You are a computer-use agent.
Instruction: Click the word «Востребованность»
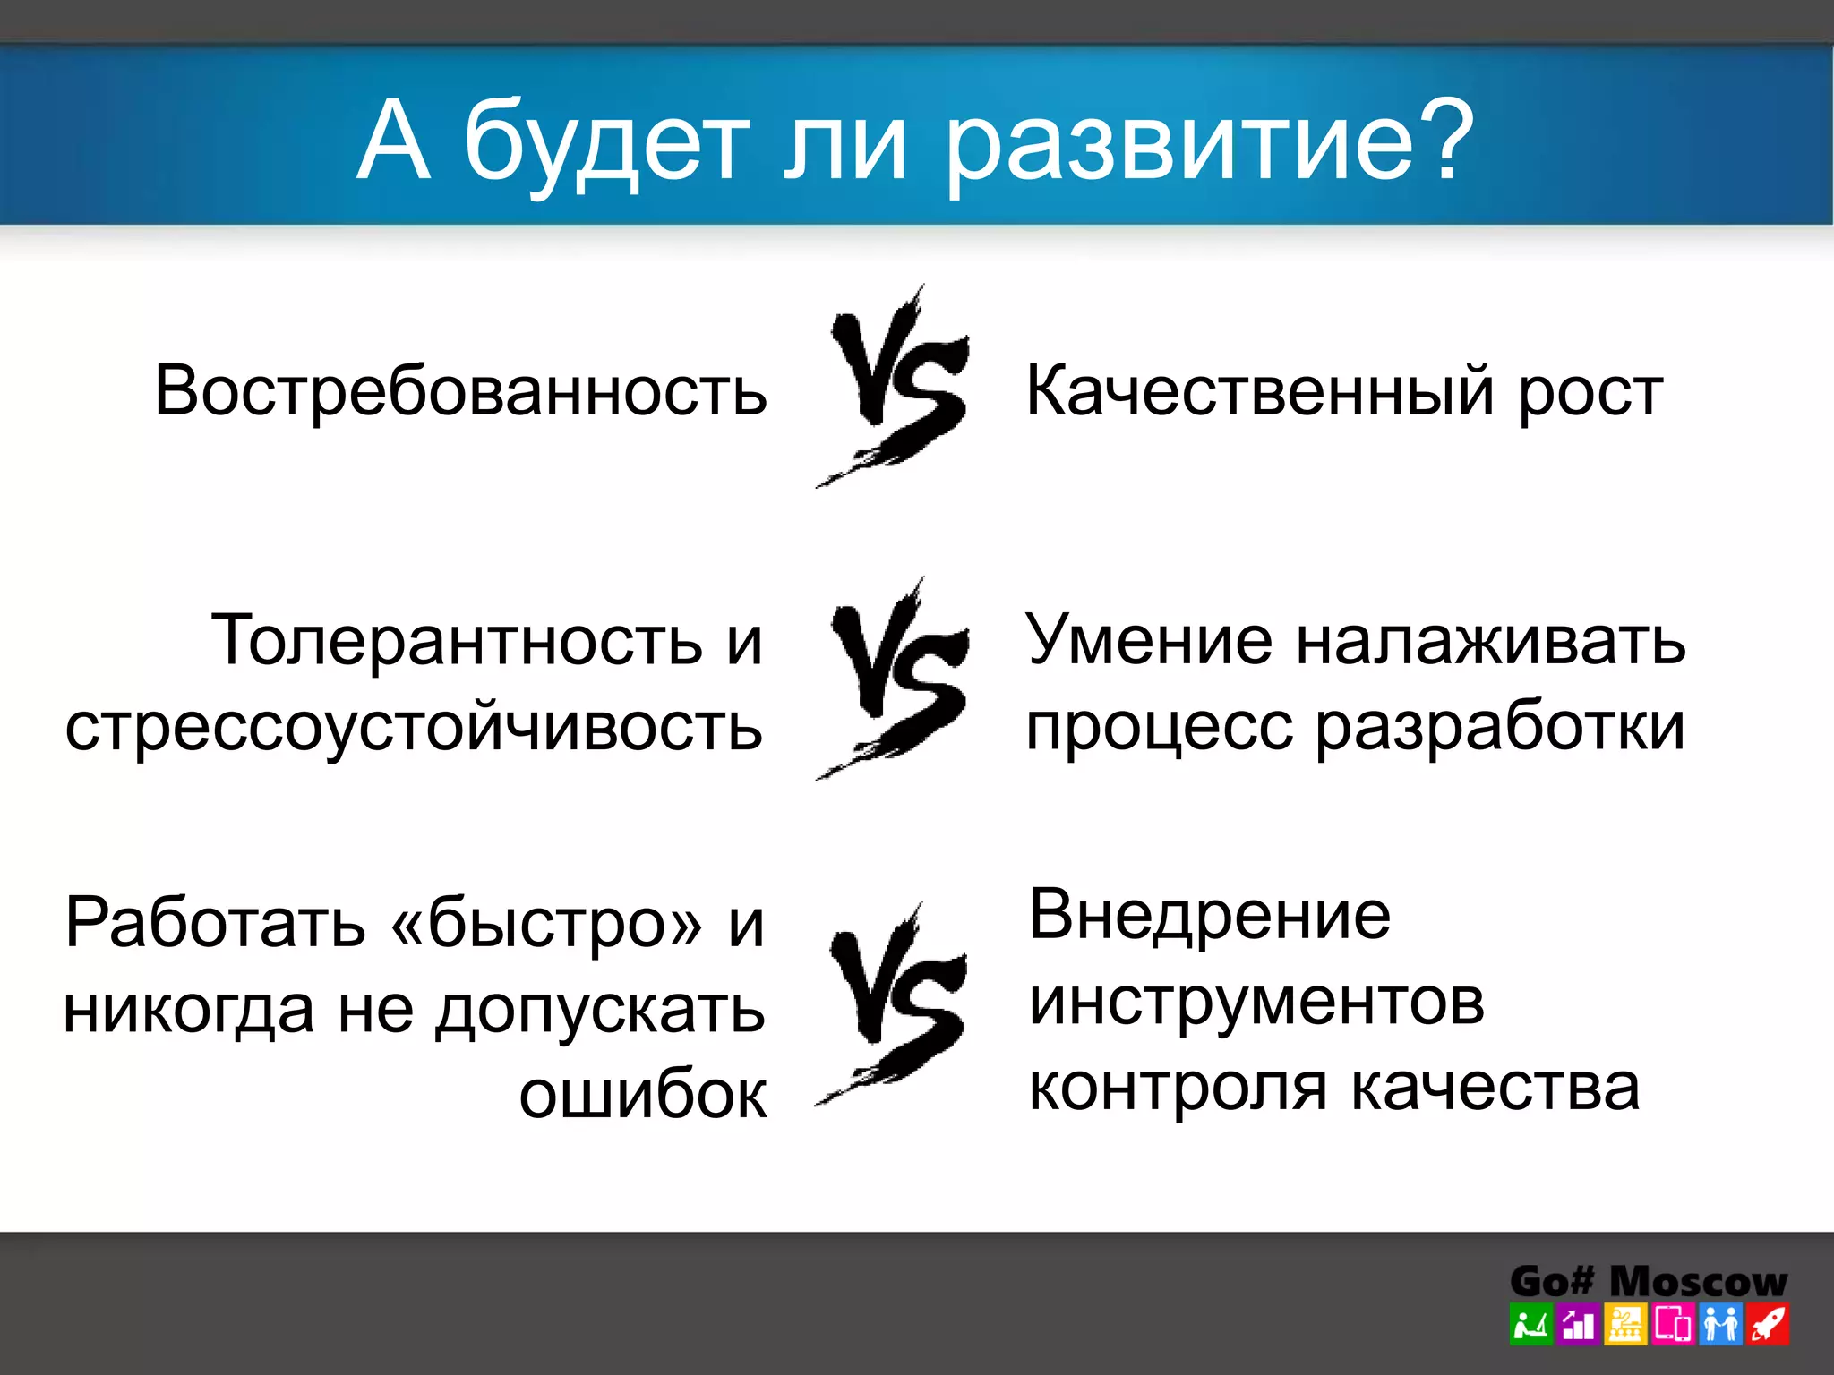click(x=460, y=391)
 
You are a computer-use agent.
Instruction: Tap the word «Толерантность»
click(x=457, y=640)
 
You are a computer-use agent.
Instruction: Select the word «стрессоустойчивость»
click(x=414, y=727)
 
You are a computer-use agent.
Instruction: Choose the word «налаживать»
click(x=1490, y=640)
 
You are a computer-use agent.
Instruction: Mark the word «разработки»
click(x=1499, y=727)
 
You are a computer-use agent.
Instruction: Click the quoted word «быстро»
click(x=546, y=923)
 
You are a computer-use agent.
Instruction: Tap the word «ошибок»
click(x=642, y=1094)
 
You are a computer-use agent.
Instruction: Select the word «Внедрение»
click(x=1209, y=915)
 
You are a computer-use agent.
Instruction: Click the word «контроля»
click(x=1177, y=1087)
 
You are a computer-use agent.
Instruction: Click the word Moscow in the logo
click(x=1697, y=1282)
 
